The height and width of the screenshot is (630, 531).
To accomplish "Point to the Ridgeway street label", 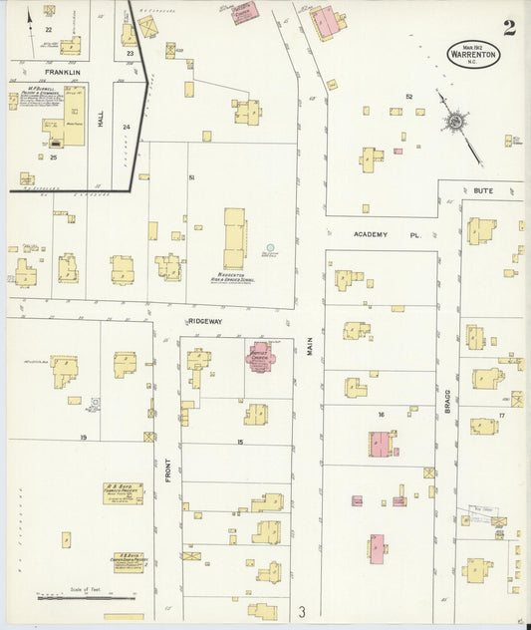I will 203,322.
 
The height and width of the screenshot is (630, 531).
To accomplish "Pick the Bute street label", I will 483,189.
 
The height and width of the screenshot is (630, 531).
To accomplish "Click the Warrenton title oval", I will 474,53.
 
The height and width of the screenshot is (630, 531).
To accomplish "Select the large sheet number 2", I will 509,28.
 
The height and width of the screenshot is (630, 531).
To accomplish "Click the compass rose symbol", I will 455,122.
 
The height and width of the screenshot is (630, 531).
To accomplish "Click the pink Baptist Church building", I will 259,357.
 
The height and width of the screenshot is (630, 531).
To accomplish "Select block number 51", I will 191,176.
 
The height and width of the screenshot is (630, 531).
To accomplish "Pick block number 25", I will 54,157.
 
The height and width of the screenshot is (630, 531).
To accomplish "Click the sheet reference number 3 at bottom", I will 301,611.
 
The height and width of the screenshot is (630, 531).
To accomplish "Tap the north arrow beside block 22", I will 30,16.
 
